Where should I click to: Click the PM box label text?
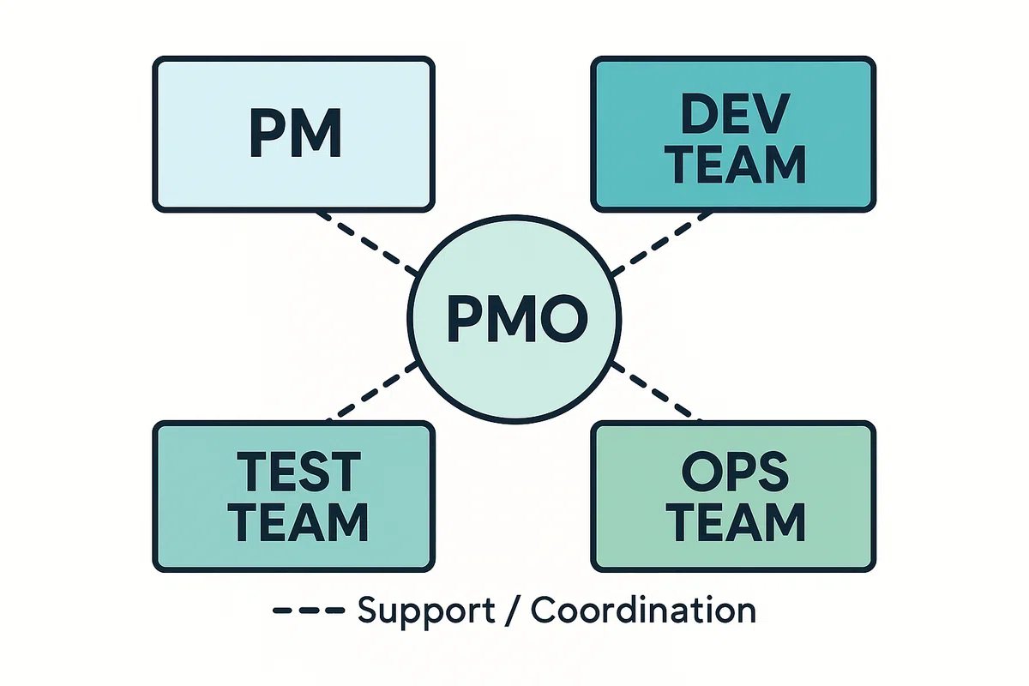(x=295, y=134)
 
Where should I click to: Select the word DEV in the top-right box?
(x=735, y=113)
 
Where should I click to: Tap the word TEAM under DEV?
(x=735, y=165)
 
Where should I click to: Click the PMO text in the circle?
(x=517, y=318)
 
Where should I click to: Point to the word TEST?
(x=298, y=472)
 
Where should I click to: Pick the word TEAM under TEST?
(x=298, y=522)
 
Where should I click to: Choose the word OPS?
(x=735, y=472)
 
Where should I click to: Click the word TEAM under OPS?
(x=735, y=522)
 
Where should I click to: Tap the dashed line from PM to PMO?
(x=368, y=244)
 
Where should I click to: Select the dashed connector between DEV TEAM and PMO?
(x=662, y=244)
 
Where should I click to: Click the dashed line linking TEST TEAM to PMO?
(x=372, y=391)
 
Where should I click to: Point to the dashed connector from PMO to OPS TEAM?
(x=658, y=391)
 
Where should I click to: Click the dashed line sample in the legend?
(x=309, y=611)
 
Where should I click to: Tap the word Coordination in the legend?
(x=644, y=610)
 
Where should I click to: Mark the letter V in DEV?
(x=770, y=113)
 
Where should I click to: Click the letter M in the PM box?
(x=317, y=134)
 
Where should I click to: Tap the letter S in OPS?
(x=773, y=472)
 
